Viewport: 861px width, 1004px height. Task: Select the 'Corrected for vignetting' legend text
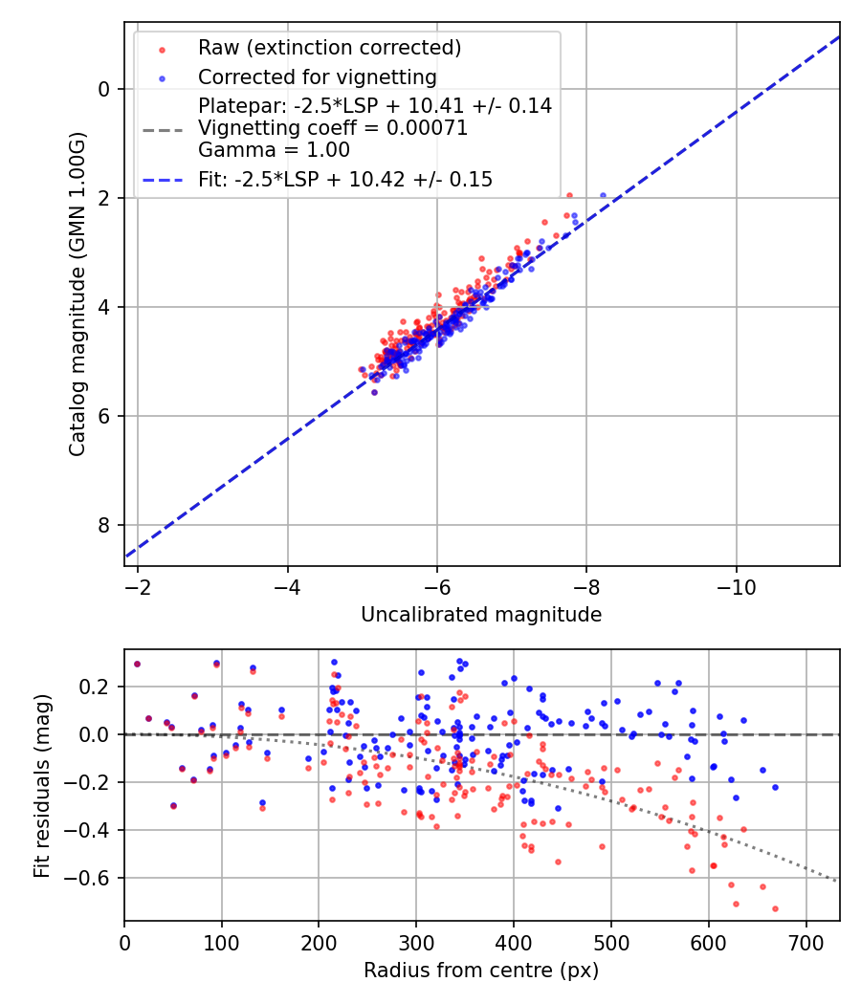point(317,77)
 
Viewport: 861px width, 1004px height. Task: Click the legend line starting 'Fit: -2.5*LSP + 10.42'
point(345,179)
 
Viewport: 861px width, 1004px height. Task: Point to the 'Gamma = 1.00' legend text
point(274,150)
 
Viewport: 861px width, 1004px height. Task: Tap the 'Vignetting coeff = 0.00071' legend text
point(333,128)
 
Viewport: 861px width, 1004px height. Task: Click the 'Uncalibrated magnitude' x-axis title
point(481,615)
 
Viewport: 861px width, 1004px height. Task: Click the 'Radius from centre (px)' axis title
point(481,971)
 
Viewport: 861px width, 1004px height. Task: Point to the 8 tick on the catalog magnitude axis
point(105,525)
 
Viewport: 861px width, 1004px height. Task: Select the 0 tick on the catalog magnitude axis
point(105,89)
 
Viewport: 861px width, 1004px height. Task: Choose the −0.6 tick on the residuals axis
point(93,878)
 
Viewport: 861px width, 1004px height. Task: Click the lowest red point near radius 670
point(775,908)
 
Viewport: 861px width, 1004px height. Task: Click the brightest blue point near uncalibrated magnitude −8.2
point(603,195)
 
